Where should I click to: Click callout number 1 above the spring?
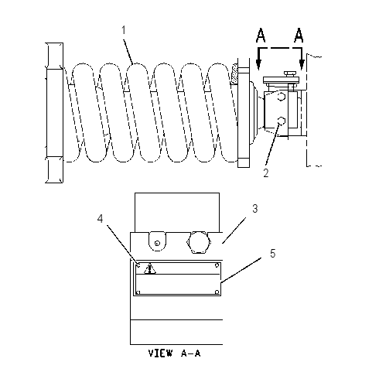click(124, 30)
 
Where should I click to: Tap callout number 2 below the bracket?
click(266, 172)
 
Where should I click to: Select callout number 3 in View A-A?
click(255, 209)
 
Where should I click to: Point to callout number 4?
click(100, 219)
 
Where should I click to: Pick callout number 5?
click(273, 254)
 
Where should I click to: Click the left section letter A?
click(261, 36)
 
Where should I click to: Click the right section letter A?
click(299, 36)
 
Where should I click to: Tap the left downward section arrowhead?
click(259, 64)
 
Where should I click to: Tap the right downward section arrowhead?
click(302, 64)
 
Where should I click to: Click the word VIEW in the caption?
click(160, 353)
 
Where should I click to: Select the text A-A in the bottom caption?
click(191, 353)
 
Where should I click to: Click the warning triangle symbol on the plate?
click(150, 268)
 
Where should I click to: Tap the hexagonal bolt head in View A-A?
click(199, 242)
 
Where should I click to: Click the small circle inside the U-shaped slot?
click(157, 243)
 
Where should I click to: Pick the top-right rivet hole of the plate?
click(217, 265)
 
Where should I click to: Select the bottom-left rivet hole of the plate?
click(138, 292)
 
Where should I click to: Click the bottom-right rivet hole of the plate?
click(217, 292)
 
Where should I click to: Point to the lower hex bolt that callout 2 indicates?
click(282, 121)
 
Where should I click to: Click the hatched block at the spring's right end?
click(234, 74)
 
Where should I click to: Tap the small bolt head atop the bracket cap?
click(290, 73)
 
